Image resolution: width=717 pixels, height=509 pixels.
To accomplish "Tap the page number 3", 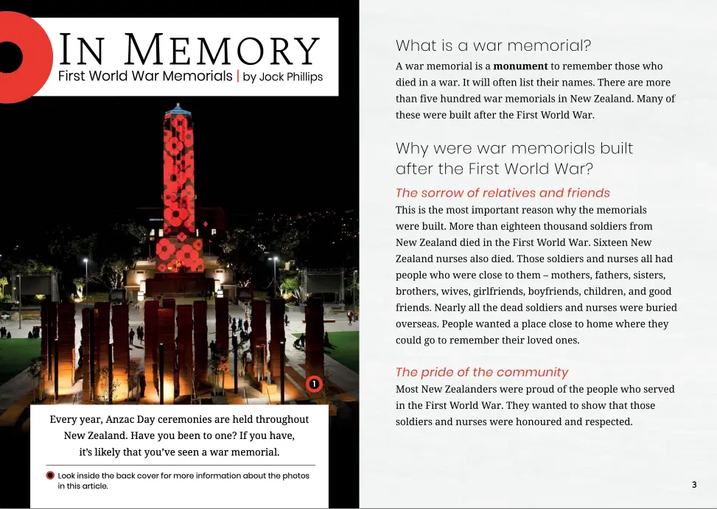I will point(694,484).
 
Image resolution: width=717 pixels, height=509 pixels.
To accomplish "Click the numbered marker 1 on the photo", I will point(314,384).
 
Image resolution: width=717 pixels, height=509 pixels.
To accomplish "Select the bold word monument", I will point(520,66).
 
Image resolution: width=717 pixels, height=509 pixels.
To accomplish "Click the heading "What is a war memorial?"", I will point(493,46).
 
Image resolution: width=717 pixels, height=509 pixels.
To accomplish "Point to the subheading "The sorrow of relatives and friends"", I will point(503,193).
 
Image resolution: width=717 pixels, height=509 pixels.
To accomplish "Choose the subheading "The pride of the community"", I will point(482,372).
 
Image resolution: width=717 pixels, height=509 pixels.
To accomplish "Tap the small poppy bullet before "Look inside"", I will point(50,475).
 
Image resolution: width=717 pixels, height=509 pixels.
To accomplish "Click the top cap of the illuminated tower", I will point(178,110).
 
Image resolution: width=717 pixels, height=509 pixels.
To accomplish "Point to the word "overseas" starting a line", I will point(417,323).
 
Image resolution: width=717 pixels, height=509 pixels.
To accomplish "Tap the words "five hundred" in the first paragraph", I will point(447,99).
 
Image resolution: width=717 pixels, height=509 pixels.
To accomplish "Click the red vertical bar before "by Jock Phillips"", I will point(237,76).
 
